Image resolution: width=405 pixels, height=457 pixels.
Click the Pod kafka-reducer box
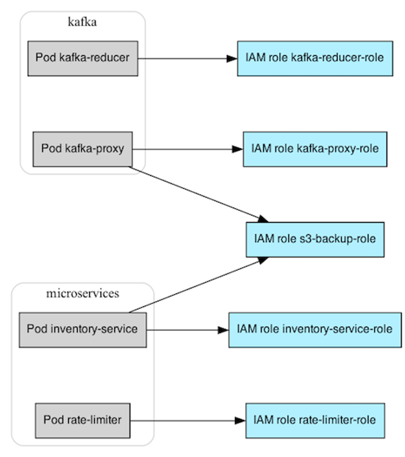[82, 58]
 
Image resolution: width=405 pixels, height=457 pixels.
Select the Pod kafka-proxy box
[82, 149]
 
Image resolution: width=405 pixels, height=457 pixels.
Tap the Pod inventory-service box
[82, 330]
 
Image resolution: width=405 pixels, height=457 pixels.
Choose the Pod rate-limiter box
[82, 420]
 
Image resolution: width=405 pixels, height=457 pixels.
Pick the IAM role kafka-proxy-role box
[315, 149]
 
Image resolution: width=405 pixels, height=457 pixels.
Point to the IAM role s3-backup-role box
[315, 239]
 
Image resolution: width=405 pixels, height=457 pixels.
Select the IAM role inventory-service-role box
[315, 330]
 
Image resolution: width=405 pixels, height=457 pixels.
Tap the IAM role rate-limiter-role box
[315, 420]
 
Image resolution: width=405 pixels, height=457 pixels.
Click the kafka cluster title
[82, 23]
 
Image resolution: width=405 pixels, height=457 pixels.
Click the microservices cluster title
[82, 294]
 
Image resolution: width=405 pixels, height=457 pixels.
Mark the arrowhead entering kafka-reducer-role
[232, 58]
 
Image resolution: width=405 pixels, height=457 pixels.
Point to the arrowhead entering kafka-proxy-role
[238, 149]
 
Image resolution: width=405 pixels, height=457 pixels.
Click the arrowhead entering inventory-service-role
[223, 330]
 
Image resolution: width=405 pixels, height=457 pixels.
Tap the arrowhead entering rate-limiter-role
[241, 420]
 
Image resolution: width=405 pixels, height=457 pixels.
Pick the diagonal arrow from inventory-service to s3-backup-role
[197, 284]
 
